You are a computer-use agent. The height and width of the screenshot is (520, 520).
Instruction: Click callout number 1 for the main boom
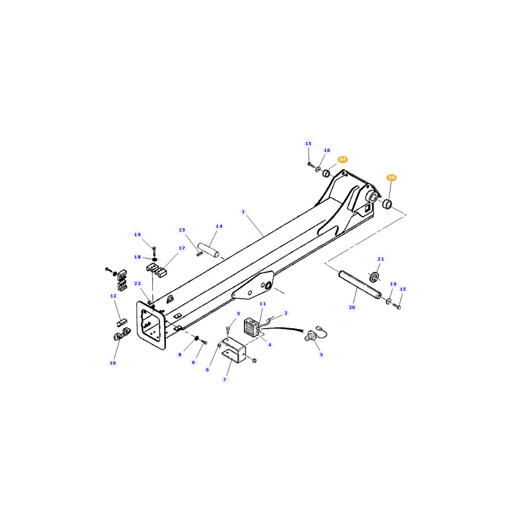[x=243, y=212]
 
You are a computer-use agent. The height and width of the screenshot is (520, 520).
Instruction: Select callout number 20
[x=352, y=307]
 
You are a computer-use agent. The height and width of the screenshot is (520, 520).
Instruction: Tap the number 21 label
[x=381, y=259]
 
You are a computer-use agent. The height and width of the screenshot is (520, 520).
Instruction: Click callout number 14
[x=219, y=226]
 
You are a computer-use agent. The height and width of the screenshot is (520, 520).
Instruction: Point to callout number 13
[x=182, y=230]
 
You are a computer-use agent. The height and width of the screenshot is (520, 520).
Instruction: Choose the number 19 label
[x=138, y=235]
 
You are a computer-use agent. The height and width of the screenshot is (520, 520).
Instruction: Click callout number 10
[x=113, y=363]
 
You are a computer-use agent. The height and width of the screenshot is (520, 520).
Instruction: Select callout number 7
[x=225, y=380]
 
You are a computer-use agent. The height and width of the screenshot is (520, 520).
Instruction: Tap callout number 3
[x=321, y=355]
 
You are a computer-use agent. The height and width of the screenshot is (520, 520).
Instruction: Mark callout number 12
[x=113, y=296]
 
